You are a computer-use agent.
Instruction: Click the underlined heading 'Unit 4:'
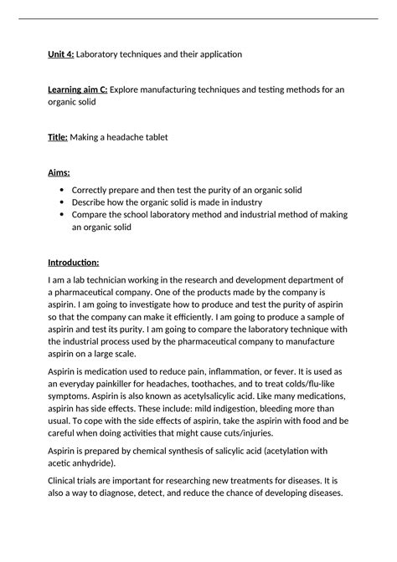tap(61, 54)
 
